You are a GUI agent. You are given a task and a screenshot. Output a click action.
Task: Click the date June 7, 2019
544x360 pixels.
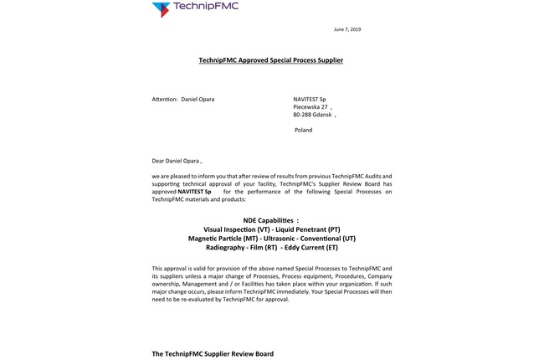347,29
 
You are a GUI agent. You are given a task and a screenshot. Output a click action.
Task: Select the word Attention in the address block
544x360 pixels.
164,100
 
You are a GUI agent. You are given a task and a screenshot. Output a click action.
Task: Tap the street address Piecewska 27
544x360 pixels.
310,107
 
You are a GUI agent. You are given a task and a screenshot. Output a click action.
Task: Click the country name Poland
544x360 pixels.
303,130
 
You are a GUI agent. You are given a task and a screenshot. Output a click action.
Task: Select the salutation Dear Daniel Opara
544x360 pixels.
176,160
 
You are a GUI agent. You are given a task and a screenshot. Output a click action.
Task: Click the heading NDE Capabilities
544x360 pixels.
271,220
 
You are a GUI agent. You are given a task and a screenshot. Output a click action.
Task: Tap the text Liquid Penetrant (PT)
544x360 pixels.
309,229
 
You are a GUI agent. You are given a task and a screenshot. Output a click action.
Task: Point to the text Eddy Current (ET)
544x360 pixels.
311,247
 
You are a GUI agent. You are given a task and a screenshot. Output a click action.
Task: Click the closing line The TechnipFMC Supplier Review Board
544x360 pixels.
212,354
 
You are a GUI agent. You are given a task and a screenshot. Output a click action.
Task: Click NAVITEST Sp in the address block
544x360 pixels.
310,100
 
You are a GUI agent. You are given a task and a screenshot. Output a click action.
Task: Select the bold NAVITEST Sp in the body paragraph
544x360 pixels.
195,191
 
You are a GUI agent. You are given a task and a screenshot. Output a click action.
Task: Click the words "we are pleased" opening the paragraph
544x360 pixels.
173,176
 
